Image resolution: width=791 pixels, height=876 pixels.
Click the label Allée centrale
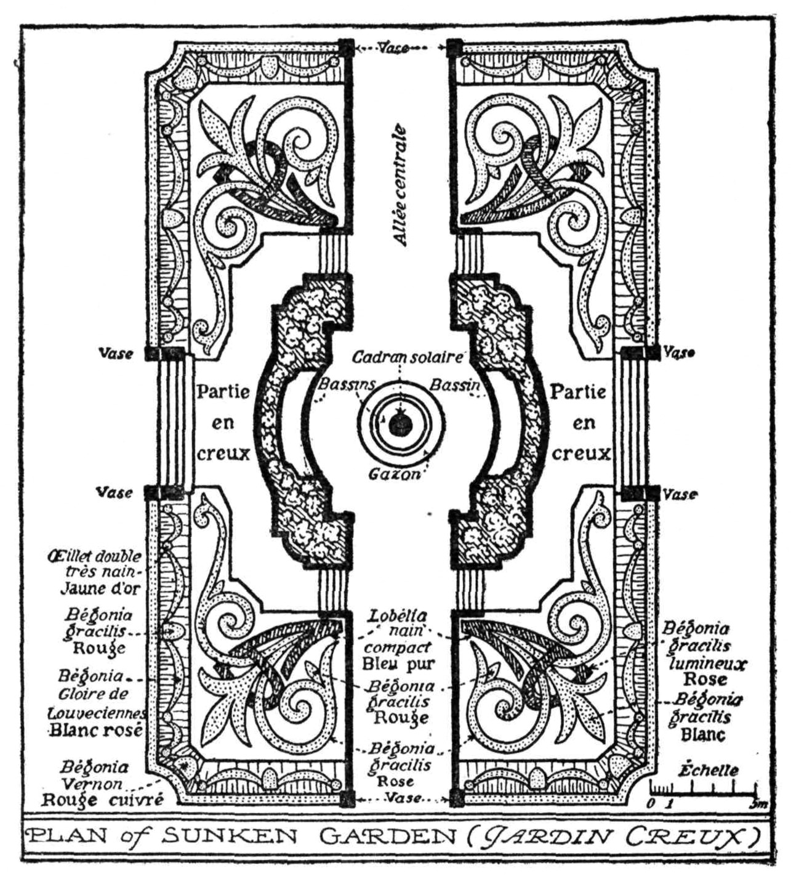tap(401, 185)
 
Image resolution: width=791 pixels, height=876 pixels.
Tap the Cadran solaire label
tap(407, 357)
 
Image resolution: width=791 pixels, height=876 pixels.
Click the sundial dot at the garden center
tap(401, 424)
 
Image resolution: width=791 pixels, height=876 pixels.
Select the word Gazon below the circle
tap(395, 475)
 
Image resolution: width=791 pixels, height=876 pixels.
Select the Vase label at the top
tap(394, 48)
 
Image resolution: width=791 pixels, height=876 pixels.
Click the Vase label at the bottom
tap(403, 798)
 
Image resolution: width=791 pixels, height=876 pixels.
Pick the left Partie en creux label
tap(223, 423)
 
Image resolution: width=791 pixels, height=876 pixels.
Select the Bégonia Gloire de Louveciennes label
tap(95, 703)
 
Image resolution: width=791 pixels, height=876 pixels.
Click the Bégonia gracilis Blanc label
tap(705, 717)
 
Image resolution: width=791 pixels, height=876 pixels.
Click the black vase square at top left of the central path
tap(347, 48)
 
